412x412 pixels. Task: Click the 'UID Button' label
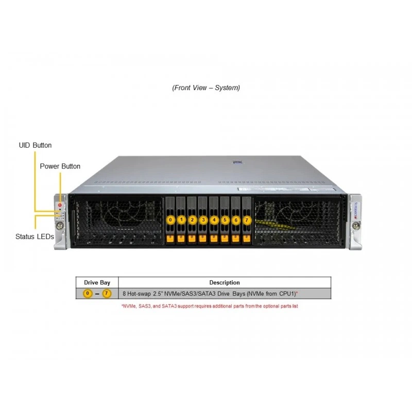point(35,145)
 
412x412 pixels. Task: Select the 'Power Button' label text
point(60,166)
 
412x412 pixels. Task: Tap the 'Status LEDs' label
point(35,236)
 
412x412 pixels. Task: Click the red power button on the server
point(60,204)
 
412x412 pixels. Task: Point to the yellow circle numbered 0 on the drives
point(170,220)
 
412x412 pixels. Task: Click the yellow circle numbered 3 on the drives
point(203,220)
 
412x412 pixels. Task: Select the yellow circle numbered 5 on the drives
point(225,220)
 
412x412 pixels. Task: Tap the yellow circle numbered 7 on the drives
point(247,220)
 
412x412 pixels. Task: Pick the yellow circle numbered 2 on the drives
point(192,220)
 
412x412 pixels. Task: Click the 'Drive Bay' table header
point(97,283)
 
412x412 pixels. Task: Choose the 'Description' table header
point(225,283)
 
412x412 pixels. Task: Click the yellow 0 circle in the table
point(88,294)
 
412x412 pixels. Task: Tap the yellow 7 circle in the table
point(107,294)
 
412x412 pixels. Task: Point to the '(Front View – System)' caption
point(206,88)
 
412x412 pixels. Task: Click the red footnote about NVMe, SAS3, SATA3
point(210,306)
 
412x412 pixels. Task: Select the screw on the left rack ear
point(60,225)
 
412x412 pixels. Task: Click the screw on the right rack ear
point(356,225)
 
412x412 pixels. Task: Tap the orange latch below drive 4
point(214,238)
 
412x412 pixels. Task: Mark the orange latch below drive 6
point(236,238)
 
